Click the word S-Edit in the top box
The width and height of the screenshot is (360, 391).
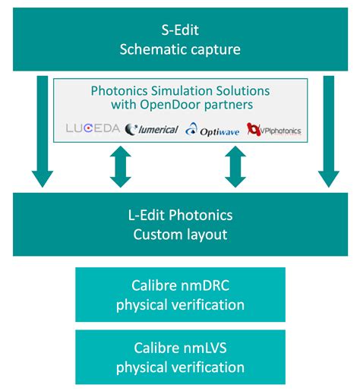tap(179, 30)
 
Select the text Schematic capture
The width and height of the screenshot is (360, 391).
tap(179, 49)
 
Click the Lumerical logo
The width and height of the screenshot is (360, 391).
tap(151, 129)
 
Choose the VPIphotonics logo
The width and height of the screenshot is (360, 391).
tap(273, 130)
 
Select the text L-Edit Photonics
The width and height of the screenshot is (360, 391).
tap(180, 215)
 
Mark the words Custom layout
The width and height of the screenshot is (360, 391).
tap(180, 234)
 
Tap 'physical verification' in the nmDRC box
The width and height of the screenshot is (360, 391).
tap(180, 306)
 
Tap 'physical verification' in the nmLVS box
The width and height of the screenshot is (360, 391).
tap(180, 367)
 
